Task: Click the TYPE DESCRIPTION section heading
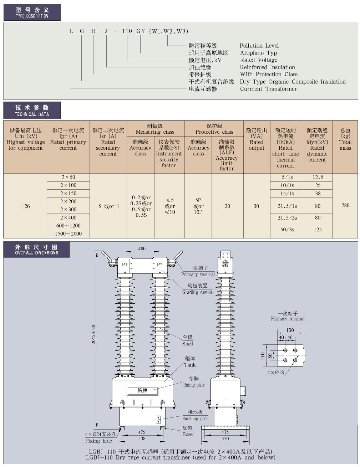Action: click(32, 12)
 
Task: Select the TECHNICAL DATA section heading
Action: click(32, 111)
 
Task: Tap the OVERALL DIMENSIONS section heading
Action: click(36, 250)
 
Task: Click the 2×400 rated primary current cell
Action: click(68, 217)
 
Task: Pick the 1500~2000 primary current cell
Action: click(68, 233)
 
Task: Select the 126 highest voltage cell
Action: click(26, 206)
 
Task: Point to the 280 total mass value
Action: click(345, 205)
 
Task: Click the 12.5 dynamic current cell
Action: click(318, 177)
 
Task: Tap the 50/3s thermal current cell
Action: click(287, 230)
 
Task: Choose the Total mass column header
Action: click(345, 139)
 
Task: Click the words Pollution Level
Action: click(259, 46)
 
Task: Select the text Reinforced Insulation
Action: click(267, 67)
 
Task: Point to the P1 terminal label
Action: click(125, 265)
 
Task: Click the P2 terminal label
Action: click(159, 265)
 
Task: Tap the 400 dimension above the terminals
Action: click(142, 248)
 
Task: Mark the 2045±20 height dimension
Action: click(93, 334)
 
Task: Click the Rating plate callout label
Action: click(194, 385)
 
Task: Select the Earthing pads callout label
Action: click(195, 419)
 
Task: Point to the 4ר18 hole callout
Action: click(275, 373)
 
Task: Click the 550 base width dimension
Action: click(225, 438)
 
